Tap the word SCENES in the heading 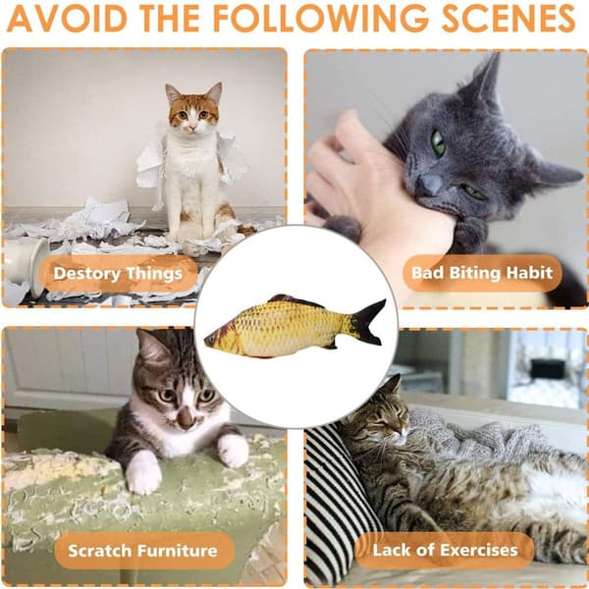click(x=509, y=18)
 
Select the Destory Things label click(x=118, y=274)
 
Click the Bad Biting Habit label click(x=482, y=273)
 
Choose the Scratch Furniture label click(x=142, y=551)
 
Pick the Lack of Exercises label click(x=445, y=551)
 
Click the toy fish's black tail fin click(x=368, y=322)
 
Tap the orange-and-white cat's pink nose click(x=192, y=128)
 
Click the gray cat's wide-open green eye click(x=438, y=142)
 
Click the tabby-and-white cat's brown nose click(x=187, y=418)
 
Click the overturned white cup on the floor click(x=27, y=263)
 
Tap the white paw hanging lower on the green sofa click(x=142, y=474)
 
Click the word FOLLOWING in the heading click(x=320, y=18)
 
